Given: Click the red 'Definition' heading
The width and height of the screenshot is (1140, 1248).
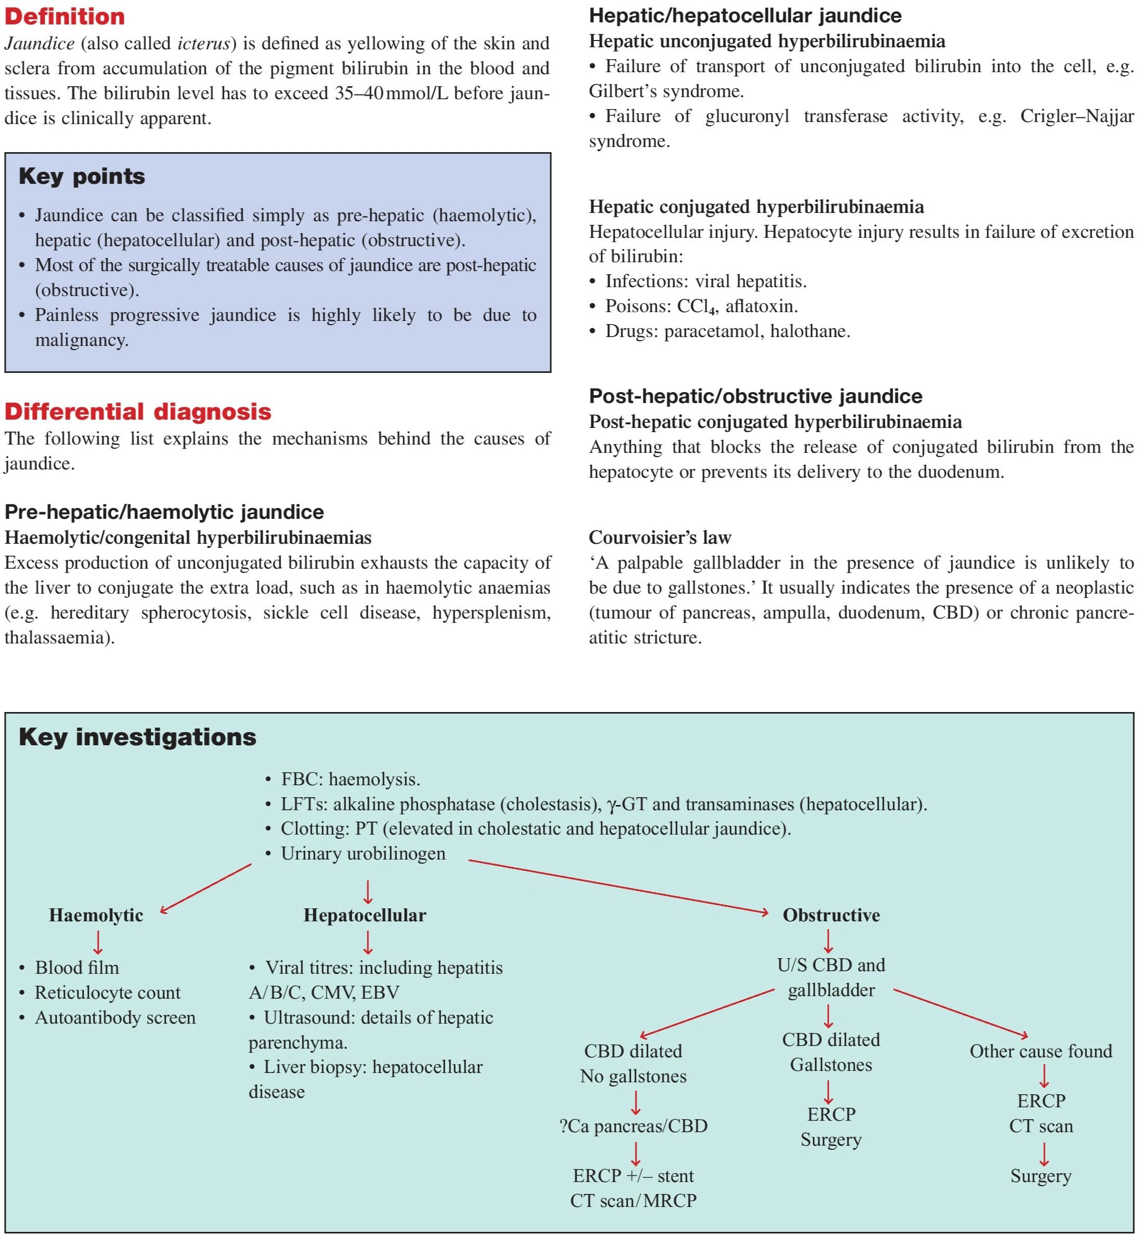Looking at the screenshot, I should pyautogui.click(x=64, y=17).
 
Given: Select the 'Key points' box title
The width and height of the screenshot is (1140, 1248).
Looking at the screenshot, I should pyautogui.click(x=82, y=177).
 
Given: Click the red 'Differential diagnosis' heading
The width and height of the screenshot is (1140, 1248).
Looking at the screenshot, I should pyautogui.click(x=138, y=412).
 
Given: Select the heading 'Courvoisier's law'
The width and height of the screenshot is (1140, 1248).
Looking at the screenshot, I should pyautogui.click(x=659, y=538).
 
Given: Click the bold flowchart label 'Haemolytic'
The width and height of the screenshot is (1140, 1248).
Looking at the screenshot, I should pyautogui.click(x=96, y=916).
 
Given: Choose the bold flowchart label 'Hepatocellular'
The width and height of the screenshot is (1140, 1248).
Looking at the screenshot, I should pyautogui.click(x=365, y=916).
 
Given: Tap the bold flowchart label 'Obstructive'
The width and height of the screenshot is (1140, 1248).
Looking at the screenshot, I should pyautogui.click(x=831, y=916).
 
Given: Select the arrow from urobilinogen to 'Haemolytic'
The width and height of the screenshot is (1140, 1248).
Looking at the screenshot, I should pyautogui.click(x=206, y=888).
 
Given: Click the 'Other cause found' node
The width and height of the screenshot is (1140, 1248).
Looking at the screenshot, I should pyautogui.click(x=1040, y=1051).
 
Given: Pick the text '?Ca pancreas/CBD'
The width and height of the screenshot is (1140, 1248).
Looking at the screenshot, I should pyautogui.click(x=633, y=1126).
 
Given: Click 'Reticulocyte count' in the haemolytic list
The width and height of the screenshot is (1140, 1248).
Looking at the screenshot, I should pyautogui.click(x=107, y=993).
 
